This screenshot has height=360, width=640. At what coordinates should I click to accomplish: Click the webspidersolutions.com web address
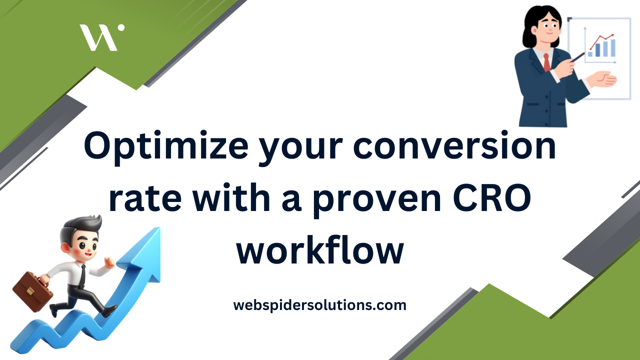[319, 304]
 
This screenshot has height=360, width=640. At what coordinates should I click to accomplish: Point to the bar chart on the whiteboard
[602, 49]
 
